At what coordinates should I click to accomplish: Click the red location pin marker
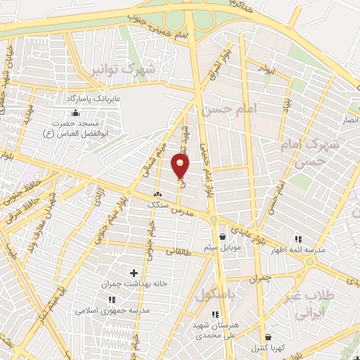(181, 166)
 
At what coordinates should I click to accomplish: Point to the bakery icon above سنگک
(157, 194)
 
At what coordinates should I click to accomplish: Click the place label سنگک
(157, 204)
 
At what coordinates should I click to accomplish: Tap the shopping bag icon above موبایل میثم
(223, 237)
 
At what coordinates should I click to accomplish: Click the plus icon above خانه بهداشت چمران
(134, 272)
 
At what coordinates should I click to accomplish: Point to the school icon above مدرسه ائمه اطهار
(298, 239)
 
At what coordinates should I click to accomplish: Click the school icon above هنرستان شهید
(215, 314)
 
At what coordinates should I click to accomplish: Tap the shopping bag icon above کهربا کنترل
(268, 337)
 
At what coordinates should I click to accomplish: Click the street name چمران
(258, 279)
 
